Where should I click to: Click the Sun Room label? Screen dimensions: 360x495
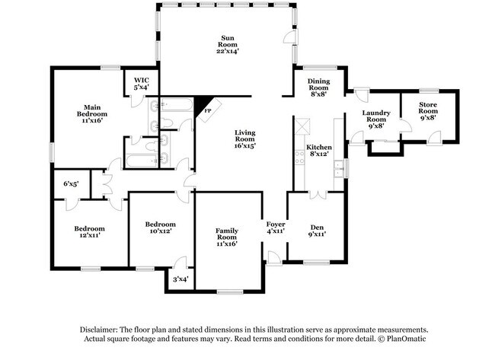pos(227,45)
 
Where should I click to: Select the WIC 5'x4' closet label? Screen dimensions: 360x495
pos(141,84)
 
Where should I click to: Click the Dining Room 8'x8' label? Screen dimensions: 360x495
pos(318,88)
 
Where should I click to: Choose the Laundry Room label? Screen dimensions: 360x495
pos(376,120)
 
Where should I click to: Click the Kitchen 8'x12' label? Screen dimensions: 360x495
pos(318,151)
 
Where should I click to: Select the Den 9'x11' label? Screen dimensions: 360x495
pos(316,231)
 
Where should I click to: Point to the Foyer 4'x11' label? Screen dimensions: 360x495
pos(275,228)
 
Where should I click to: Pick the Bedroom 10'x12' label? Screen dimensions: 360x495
pos(161,228)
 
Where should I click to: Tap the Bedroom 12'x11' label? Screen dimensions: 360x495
pos(89,232)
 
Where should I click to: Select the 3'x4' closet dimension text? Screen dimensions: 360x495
pos(180,279)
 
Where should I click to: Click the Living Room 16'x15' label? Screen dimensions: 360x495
pos(244,138)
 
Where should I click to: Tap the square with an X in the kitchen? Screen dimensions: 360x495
pos(303,126)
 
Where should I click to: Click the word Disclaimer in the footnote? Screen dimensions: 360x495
pos(101,328)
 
